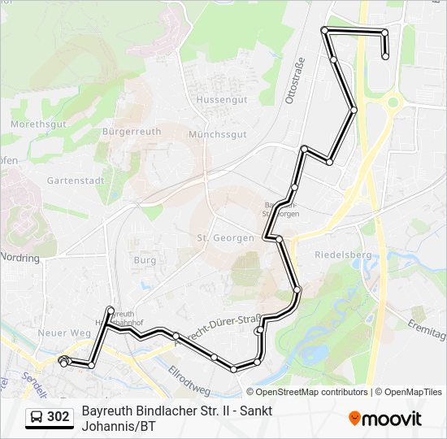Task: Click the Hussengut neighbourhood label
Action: click(222, 99)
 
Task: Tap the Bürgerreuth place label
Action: click(132, 131)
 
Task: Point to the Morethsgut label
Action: click(38, 124)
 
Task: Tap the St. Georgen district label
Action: click(225, 238)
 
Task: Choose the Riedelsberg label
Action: click(342, 254)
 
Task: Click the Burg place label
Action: click(145, 260)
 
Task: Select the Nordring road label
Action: click(20, 258)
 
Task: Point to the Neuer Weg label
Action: click(63, 333)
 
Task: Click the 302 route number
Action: click(58, 417)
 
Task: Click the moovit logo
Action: click(385, 419)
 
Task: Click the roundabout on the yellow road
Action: click(393, 103)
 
